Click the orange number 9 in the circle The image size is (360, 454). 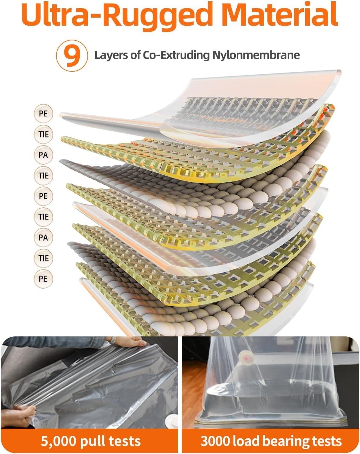click(x=72, y=56)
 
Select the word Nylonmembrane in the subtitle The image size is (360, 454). click(x=256, y=55)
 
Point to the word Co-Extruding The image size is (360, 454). click(x=176, y=55)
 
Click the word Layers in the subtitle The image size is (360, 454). click(x=111, y=55)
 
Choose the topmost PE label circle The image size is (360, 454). click(x=43, y=113)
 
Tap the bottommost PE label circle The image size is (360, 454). click(x=43, y=279)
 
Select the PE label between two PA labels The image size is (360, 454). click(x=43, y=196)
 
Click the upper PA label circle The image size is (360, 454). click(x=43, y=155)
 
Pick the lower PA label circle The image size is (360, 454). click(x=43, y=237)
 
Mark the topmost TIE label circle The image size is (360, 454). click(x=43, y=134)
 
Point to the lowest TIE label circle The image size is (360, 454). click(x=43, y=258)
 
